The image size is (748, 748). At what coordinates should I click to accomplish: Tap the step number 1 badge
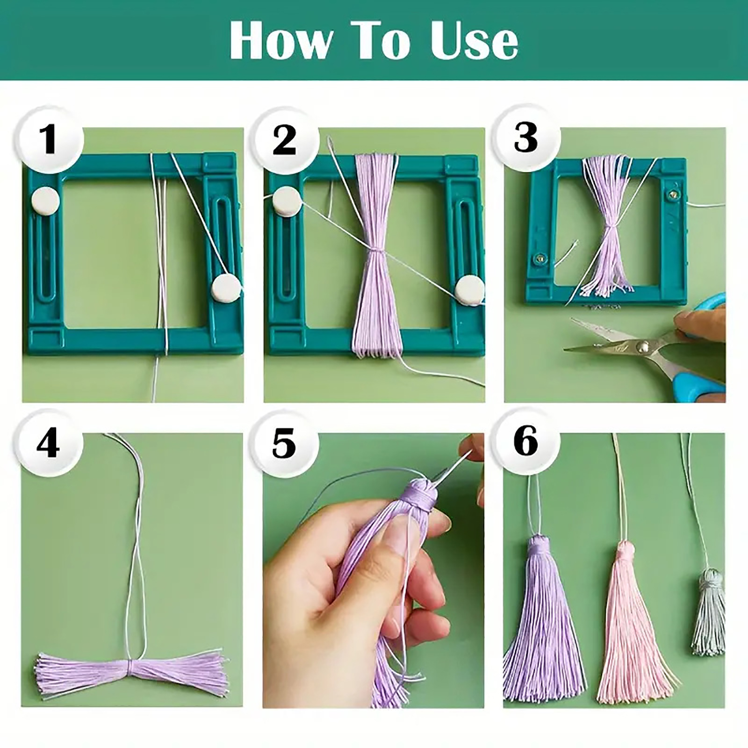[x=49, y=139]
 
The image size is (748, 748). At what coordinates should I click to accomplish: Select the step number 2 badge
[x=285, y=139]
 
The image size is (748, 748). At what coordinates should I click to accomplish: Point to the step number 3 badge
[x=526, y=137]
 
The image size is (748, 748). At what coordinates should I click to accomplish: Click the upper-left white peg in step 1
[x=45, y=201]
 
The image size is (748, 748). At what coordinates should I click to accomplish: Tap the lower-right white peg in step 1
[x=226, y=288]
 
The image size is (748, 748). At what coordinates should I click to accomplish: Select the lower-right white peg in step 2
[x=470, y=290]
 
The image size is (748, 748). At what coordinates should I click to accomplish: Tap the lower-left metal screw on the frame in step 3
[x=542, y=257]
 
